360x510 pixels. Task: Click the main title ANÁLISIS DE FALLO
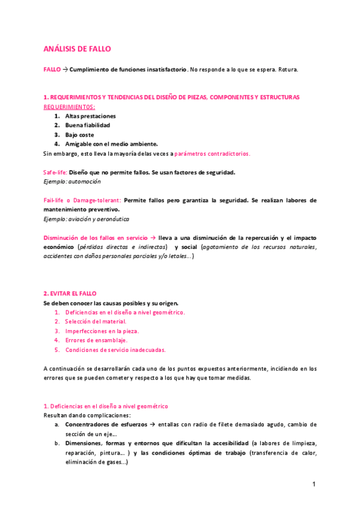coord(77,49)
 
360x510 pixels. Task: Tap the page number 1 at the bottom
coord(314,484)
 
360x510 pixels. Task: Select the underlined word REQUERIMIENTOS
coord(70,106)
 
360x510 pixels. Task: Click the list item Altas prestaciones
coord(90,116)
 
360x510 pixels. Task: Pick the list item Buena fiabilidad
coord(87,125)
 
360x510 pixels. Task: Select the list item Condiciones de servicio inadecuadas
coord(115,349)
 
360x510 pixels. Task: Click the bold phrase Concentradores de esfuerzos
coord(106,424)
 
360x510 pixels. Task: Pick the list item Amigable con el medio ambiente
coord(111,144)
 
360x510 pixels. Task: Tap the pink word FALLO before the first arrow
coord(52,69)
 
